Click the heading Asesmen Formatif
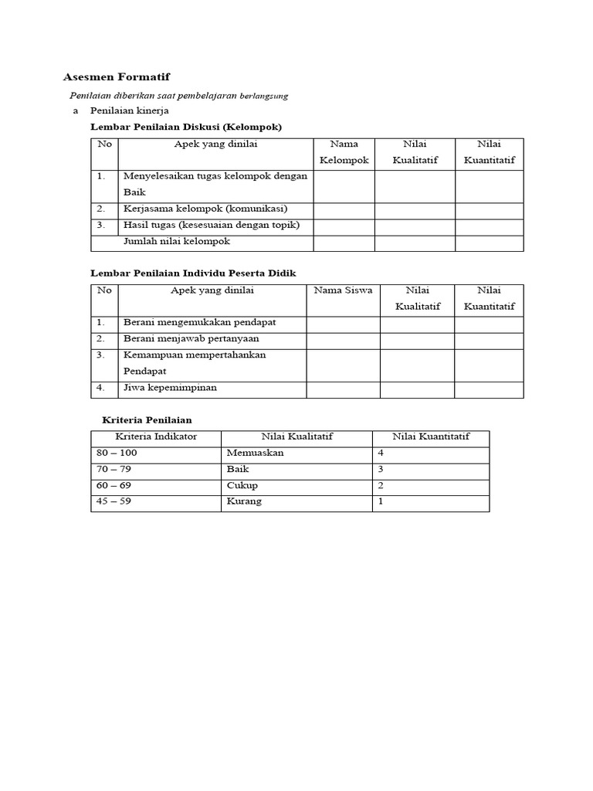coord(116,77)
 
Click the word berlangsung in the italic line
coord(263,97)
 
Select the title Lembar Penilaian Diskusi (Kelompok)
coord(186,127)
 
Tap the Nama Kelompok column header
coord(344,152)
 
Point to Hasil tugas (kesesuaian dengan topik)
coord(211,225)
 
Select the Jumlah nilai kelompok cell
coord(177,241)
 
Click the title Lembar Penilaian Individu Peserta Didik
coord(193,273)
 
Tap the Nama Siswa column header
coord(343,290)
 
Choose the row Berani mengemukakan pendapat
coord(199,321)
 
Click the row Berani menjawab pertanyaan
coord(191,338)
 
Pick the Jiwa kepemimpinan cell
coord(170,388)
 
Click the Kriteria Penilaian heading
coord(147,419)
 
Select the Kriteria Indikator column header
coord(156,436)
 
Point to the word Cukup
coord(242,486)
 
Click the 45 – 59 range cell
coord(114,501)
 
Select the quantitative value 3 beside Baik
coord(381,469)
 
